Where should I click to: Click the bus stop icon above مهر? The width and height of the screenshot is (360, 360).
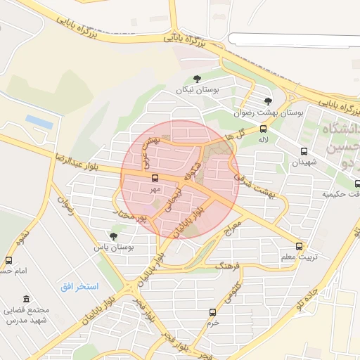click(155, 178)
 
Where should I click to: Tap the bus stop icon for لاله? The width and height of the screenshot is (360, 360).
click(264, 129)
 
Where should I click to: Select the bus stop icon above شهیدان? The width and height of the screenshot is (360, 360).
click(304, 151)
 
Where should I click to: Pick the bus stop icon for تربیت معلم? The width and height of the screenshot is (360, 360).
click(299, 246)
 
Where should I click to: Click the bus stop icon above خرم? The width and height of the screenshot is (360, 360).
click(212, 311)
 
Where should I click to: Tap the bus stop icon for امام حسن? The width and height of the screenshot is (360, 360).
click(9, 260)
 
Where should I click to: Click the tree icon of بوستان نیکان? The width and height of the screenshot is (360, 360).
click(196, 79)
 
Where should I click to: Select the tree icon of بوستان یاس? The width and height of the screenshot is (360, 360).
click(113, 236)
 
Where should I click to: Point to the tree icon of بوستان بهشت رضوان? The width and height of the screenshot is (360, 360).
click(268, 101)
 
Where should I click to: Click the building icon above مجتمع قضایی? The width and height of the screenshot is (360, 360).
click(27, 299)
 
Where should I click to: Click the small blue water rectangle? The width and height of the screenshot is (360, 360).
click(39, 121)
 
